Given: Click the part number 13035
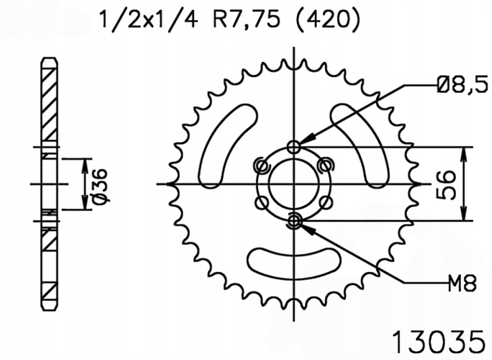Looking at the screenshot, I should (439, 340).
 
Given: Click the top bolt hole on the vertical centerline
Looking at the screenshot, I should (293, 147).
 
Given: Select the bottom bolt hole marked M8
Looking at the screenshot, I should (293, 221).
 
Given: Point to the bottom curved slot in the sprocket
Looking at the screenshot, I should (293, 261).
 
